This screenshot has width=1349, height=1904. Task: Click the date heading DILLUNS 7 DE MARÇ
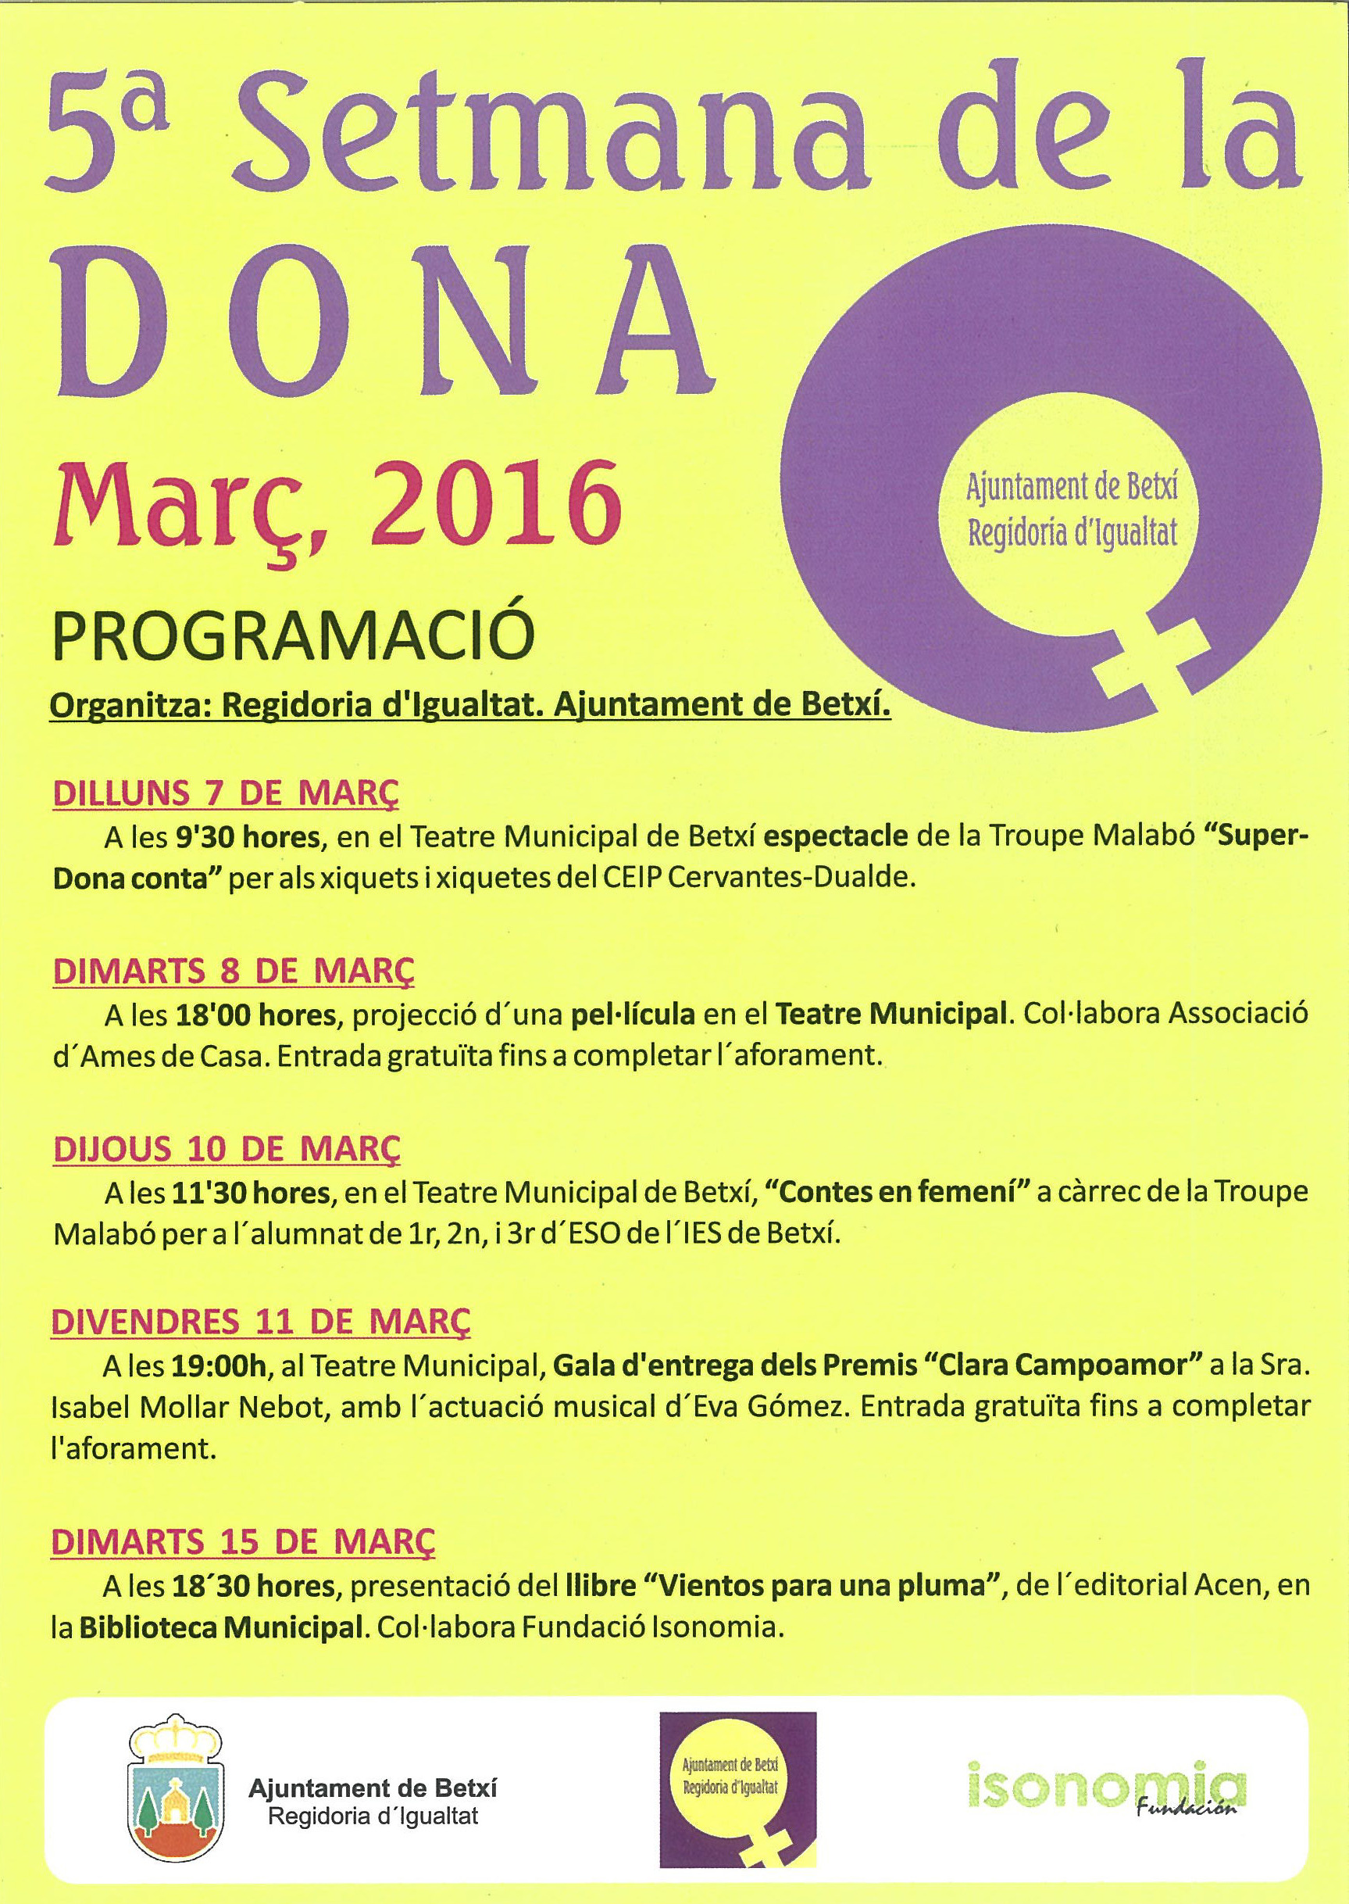[225, 793]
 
